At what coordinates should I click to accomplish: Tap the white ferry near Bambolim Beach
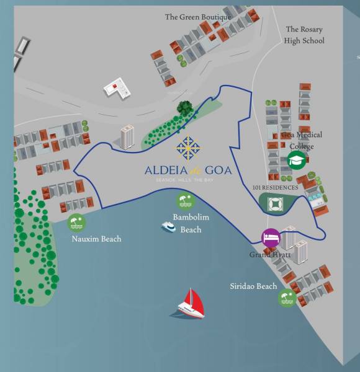point(168,227)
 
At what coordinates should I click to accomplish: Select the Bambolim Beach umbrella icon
point(184,201)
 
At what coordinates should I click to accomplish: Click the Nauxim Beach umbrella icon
point(76,222)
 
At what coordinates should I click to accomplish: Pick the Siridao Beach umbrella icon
point(287,298)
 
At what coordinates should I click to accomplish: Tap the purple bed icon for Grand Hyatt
point(271,237)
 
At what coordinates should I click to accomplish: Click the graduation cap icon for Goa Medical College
point(296,160)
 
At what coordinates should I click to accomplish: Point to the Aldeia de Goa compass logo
point(187,148)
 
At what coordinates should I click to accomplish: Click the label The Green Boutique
point(197,17)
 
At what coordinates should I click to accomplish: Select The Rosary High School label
point(304,35)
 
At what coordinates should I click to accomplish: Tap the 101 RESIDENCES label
point(276,187)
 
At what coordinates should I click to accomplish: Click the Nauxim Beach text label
point(96,239)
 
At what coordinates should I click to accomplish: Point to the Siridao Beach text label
point(253,286)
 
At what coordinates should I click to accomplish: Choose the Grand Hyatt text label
point(270,254)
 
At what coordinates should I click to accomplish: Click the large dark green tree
point(184,108)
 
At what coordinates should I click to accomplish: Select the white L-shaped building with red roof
point(117,89)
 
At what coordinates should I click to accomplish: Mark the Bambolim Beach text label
point(191,224)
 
